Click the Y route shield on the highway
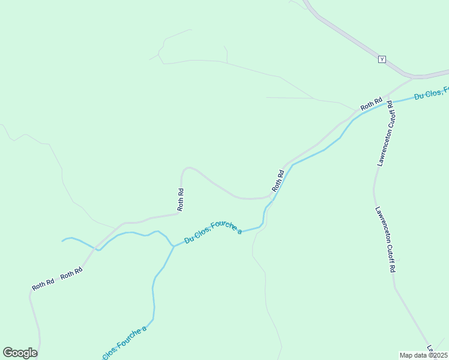click(382, 59)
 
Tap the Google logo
click(20, 353)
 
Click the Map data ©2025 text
click(423, 355)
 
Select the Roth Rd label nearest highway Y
click(371, 104)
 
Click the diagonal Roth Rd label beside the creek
click(278, 181)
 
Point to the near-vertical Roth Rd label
click(181, 199)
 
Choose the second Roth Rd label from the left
click(71, 272)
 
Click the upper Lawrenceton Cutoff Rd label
click(385, 133)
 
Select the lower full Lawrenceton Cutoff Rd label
click(385, 240)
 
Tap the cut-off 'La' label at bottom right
click(430, 348)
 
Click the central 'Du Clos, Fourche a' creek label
click(213, 232)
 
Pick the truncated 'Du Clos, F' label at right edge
click(431, 93)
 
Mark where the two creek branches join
click(173, 246)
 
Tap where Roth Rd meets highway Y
click(413, 77)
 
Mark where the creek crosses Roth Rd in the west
click(98, 248)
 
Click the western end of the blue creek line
click(62, 241)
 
